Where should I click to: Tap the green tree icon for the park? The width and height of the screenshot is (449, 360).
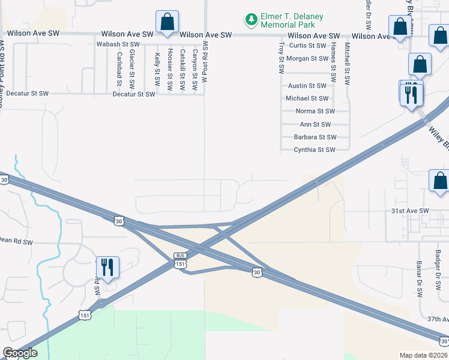pos(251,20)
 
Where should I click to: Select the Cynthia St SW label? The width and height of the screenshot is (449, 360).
pos(315,150)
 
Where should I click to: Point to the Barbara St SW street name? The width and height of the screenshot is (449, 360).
pos(314,137)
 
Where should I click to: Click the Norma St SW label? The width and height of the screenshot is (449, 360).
pos(315,112)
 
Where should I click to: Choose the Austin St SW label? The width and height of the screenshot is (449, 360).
pos(307,86)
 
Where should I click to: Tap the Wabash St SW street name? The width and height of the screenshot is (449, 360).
pos(118,45)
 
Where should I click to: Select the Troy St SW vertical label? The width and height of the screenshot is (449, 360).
pos(281,58)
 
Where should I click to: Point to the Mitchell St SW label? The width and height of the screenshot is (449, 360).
pos(347,62)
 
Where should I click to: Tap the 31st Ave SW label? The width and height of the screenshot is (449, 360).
pos(411,211)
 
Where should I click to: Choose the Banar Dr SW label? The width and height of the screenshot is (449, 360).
pos(419,280)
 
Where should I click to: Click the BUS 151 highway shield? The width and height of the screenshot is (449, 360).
pos(181,260)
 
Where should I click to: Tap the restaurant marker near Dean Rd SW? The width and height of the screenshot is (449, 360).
pos(107,267)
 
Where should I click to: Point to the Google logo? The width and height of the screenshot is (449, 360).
pos(20,353)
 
